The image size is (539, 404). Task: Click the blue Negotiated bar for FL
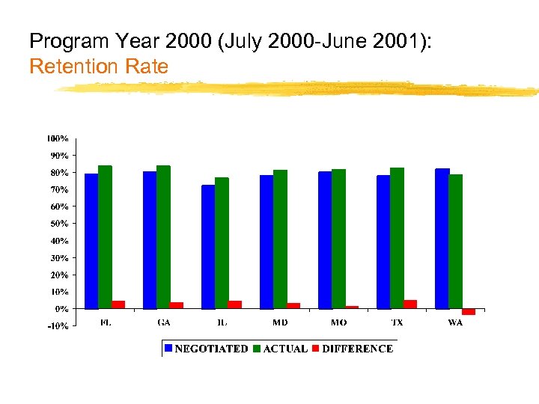coord(91,241)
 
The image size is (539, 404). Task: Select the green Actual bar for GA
coord(163,237)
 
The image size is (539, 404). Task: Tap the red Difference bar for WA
coord(469,311)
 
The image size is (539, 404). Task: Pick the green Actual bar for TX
coord(397,238)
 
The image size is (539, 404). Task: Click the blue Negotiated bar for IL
coord(208,247)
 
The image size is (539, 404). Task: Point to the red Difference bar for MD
coord(293,305)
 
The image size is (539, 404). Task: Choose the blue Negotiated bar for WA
coord(442,239)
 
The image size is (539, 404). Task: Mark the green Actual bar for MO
coord(338,239)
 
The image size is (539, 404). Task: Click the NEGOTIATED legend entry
coord(207,349)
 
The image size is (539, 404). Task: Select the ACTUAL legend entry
coord(280,349)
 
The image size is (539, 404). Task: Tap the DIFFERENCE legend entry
coord(353,349)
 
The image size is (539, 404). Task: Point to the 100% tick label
coord(58,138)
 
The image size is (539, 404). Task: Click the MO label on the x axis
coord(339,323)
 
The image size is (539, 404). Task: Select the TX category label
coord(397,323)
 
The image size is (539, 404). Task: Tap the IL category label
coord(222,323)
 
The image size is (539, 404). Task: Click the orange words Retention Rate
coord(99,67)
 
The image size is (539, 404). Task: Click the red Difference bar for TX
coord(410,304)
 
